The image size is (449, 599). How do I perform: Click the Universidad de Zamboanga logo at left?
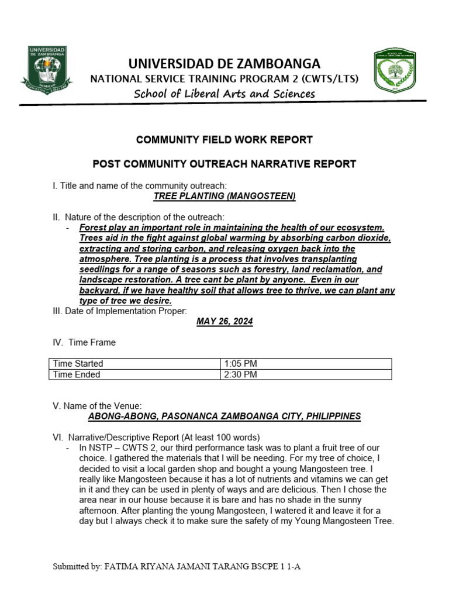tap(47, 70)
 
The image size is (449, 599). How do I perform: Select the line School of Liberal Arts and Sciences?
tap(224, 94)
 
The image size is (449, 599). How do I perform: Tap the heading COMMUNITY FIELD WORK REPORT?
tap(224, 140)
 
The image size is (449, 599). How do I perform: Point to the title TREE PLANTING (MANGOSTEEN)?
tap(224, 196)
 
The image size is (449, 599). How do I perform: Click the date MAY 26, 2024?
tap(224, 322)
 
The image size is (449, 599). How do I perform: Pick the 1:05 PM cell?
tap(240, 363)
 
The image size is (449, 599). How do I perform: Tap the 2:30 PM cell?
tap(240, 374)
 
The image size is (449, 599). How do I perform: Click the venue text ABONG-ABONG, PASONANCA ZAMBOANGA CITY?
tap(224, 416)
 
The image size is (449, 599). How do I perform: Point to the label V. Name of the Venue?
tap(97, 406)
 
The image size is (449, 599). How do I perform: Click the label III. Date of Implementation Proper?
tap(120, 311)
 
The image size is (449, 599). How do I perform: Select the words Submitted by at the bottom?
tap(76, 567)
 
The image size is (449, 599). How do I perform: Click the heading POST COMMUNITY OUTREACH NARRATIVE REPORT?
tap(224, 164)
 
